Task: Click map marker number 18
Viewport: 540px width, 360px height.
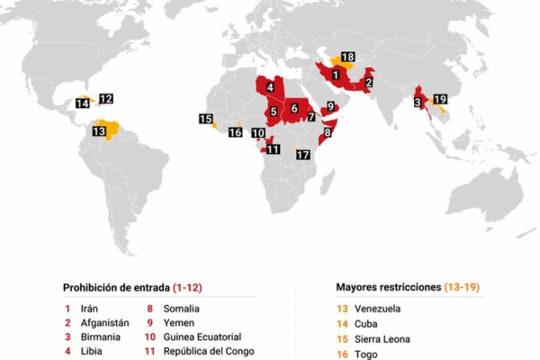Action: point(347,57)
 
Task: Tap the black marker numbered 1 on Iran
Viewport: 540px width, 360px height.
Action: point(336,75)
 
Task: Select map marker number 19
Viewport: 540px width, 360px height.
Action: point(440,99)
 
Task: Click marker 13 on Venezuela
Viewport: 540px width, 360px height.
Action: point(100,131)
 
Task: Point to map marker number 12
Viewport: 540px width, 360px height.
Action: point(106,98)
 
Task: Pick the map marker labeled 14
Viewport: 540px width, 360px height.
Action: point(83,103)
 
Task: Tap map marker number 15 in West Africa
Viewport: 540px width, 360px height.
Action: point(206,119)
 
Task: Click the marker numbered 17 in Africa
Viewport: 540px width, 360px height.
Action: point(303,155)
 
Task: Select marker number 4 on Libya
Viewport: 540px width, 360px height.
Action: point(270,87)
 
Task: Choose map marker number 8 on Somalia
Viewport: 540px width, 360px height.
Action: point(328,132)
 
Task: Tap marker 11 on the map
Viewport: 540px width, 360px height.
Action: point(274,149)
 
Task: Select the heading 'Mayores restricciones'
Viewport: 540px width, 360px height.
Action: point(388,288)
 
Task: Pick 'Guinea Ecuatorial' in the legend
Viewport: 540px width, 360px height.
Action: point(203,337)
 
